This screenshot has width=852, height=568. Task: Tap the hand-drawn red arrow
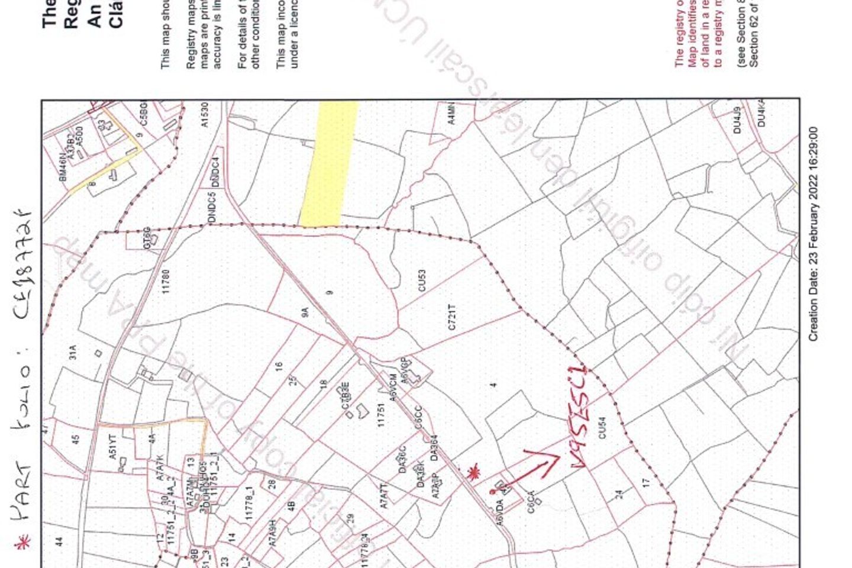(530, 470)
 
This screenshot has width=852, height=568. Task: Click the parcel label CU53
(422, 280)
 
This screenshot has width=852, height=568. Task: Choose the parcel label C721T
(452, 317)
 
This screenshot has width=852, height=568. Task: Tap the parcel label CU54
(602, 428)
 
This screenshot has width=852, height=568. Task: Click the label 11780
(166, 281)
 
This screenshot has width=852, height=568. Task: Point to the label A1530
(205, 115)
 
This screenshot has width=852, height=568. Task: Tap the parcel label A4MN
(452, 113)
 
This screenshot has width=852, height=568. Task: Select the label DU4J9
(737, 120)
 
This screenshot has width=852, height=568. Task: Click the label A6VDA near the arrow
(500, 513)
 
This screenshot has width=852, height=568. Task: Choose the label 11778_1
(249, 504)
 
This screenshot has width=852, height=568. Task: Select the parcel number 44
(59, 541)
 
